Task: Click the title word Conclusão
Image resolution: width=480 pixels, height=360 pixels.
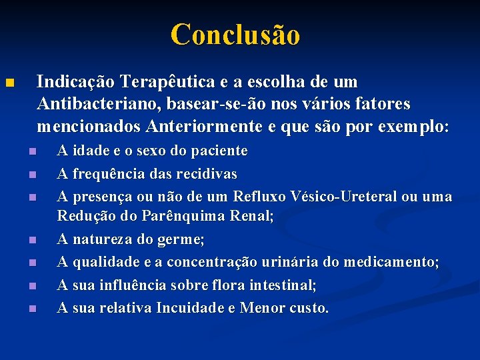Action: (x=235, y=34)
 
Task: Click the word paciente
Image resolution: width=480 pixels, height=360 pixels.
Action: (x=219, y=151)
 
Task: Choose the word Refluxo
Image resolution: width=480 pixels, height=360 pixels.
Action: (x=259, y=197)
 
